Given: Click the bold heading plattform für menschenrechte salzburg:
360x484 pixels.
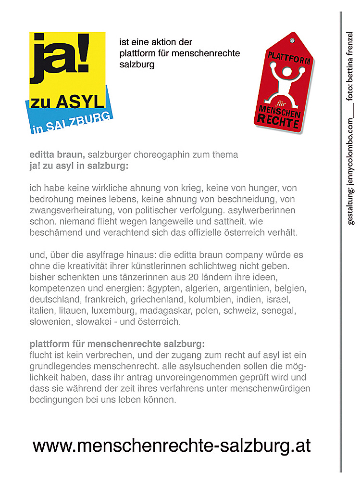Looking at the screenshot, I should pos(117,344).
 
